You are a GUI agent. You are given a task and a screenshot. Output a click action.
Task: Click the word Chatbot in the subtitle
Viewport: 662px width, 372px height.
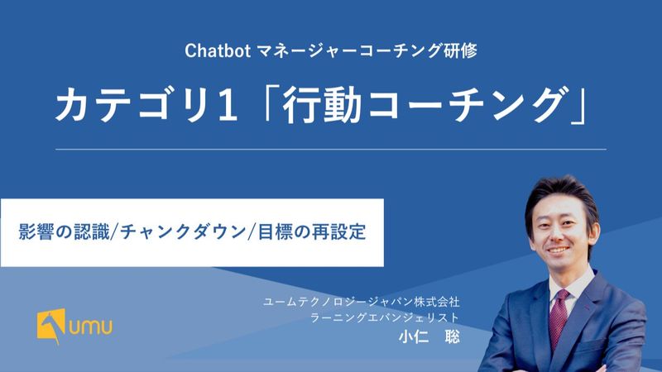point(218,51)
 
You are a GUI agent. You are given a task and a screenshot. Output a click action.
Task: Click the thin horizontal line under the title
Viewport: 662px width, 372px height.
point(330,150)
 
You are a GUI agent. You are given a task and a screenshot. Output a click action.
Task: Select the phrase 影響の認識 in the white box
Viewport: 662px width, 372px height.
point(64,232)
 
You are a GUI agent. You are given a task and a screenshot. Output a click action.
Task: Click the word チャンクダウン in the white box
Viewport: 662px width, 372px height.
point(183,232)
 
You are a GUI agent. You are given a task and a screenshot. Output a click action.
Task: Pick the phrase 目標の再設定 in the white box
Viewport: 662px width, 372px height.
point(312,232)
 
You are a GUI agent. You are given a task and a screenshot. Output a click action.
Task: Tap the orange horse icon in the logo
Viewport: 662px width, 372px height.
point(51,326)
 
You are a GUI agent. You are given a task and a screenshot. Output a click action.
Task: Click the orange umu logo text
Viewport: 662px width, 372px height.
point(91,327)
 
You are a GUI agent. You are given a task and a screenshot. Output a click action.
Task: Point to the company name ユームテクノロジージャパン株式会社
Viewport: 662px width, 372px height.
point(362,302)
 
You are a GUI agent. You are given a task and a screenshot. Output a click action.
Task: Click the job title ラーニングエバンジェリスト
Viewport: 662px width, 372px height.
point(385,317)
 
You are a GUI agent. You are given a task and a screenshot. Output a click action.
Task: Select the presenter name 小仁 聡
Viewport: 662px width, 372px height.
point(429,336)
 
